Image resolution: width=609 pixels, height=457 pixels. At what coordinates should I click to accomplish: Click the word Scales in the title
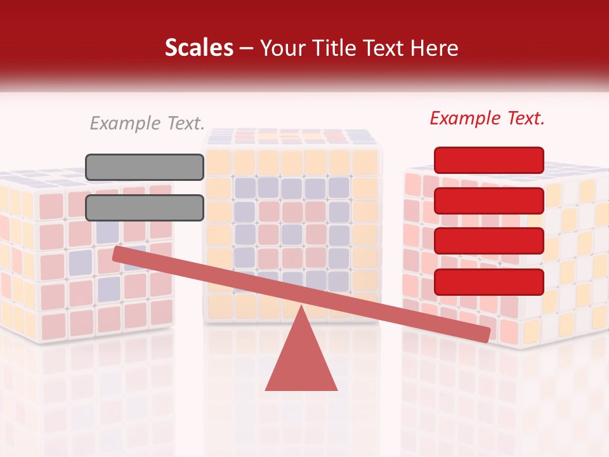199,48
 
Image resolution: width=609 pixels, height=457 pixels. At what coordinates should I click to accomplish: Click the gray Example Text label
147,123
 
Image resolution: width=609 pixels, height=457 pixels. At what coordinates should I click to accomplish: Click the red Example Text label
487,118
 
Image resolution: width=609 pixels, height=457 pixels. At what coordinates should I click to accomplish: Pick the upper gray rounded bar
145,167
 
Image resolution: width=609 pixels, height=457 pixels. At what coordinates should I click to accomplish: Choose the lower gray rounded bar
145,208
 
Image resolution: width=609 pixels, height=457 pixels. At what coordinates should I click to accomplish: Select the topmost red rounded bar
488,160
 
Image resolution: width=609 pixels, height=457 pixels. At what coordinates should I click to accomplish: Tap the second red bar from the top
488,201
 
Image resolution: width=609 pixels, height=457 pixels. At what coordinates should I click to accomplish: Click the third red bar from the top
488,241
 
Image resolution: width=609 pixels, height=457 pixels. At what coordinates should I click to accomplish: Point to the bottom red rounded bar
488,282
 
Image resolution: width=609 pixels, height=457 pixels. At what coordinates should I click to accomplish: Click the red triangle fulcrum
301,362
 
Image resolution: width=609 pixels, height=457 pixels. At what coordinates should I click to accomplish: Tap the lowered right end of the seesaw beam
485,333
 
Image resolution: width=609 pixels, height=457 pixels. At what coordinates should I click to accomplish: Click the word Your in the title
282,48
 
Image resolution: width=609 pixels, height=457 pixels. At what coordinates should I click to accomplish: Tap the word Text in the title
386,48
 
